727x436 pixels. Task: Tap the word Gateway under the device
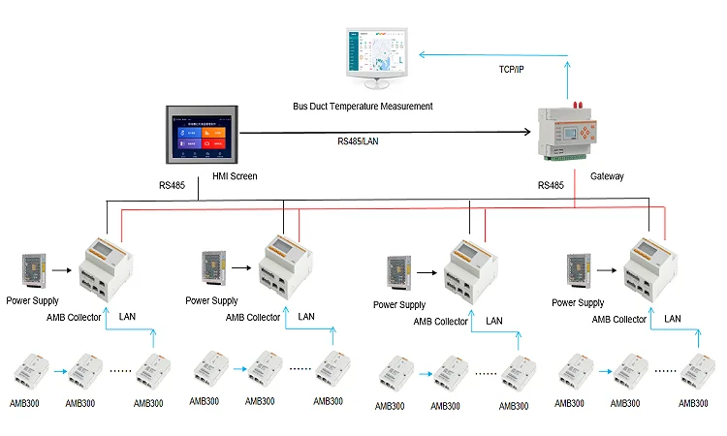coord(607,176)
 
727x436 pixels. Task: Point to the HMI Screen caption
coord(234,176)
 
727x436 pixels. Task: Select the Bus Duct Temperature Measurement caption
coord(363,106)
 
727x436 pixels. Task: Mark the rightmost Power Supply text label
coord(578,303)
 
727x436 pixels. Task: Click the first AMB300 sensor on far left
coord(26,372)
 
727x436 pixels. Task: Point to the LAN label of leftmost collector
coord(128,317)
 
